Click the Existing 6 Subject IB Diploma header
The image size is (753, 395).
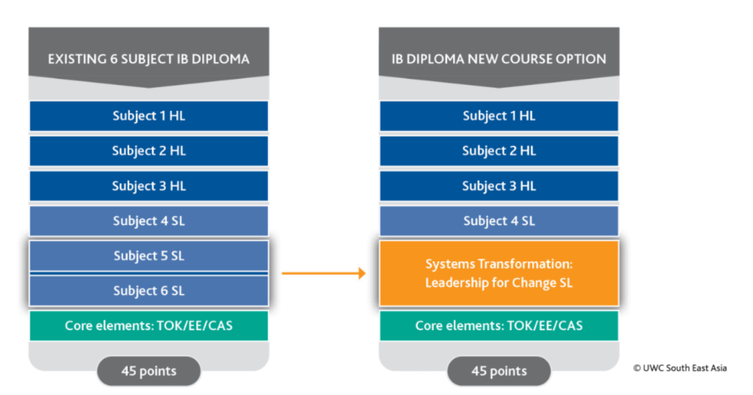[x=148, y=59]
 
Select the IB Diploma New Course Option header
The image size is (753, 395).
[x=498, y=59]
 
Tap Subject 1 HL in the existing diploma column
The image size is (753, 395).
[x=148, y=116]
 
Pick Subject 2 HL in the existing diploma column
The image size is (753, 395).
[x=148, y=151]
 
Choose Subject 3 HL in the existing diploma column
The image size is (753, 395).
[x=148, y=186]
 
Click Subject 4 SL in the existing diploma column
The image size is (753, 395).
[x=148, y=221]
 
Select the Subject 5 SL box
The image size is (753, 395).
[x=148, y=256]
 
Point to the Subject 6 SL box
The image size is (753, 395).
[x=148, y=290]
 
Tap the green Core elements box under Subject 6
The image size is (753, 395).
[x=148, y=326]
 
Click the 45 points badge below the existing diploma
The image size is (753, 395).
[x=148, y=370]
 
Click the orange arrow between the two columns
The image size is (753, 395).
[x=323, y=273]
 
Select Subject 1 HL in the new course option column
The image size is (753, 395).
[x=498, y=116]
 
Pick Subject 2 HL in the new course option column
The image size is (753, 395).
[x=498, y=151]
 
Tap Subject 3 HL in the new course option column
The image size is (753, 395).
[x=498, y=186]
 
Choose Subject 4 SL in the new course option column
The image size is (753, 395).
[x=498, y=221]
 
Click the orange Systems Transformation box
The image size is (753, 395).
[x=498, y=273]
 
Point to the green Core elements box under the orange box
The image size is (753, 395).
[x=498, y=326]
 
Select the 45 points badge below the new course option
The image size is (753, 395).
[x=498, y=370]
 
